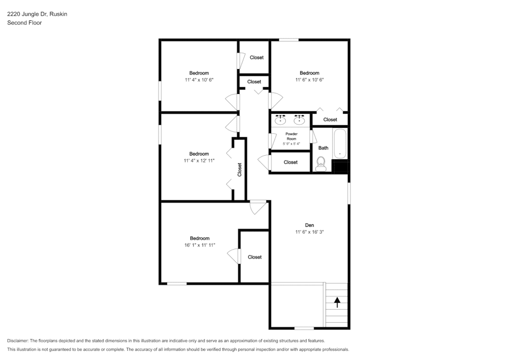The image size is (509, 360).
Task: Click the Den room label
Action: click(x=309, y=225)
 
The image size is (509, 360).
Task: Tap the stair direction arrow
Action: click(x=338, y=302)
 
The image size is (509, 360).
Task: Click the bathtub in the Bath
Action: click(x=340, y=144)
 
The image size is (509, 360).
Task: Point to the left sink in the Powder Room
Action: click(x=280, y=119)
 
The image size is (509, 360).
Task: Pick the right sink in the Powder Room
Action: click(x=299, y=119)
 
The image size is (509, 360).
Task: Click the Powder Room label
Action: click(x=291, y=136)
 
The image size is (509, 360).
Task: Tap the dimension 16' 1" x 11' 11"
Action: click(x=200, y=245)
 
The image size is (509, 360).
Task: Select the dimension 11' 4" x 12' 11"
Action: click(x=199, y=161)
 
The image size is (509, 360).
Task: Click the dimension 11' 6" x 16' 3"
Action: click(x=309, y=232)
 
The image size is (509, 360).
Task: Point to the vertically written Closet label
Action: click(x=240, y=170)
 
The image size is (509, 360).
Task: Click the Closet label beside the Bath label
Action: click(x=330, y=119)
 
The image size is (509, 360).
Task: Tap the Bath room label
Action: click(x=323, y=148)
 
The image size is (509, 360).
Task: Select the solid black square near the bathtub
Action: click(x=341, y=166)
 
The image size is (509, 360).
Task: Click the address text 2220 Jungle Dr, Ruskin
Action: click(x=37, y=14)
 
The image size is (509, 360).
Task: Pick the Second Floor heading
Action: click(x=24, y=23)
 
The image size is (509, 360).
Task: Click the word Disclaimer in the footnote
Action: click(x=17, y=341)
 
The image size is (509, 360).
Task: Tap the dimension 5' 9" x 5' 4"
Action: click(x=291, y=144)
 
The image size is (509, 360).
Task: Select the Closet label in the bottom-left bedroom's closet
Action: click(x=254, y=257)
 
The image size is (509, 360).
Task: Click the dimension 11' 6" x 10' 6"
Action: click(x=309, y=80)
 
